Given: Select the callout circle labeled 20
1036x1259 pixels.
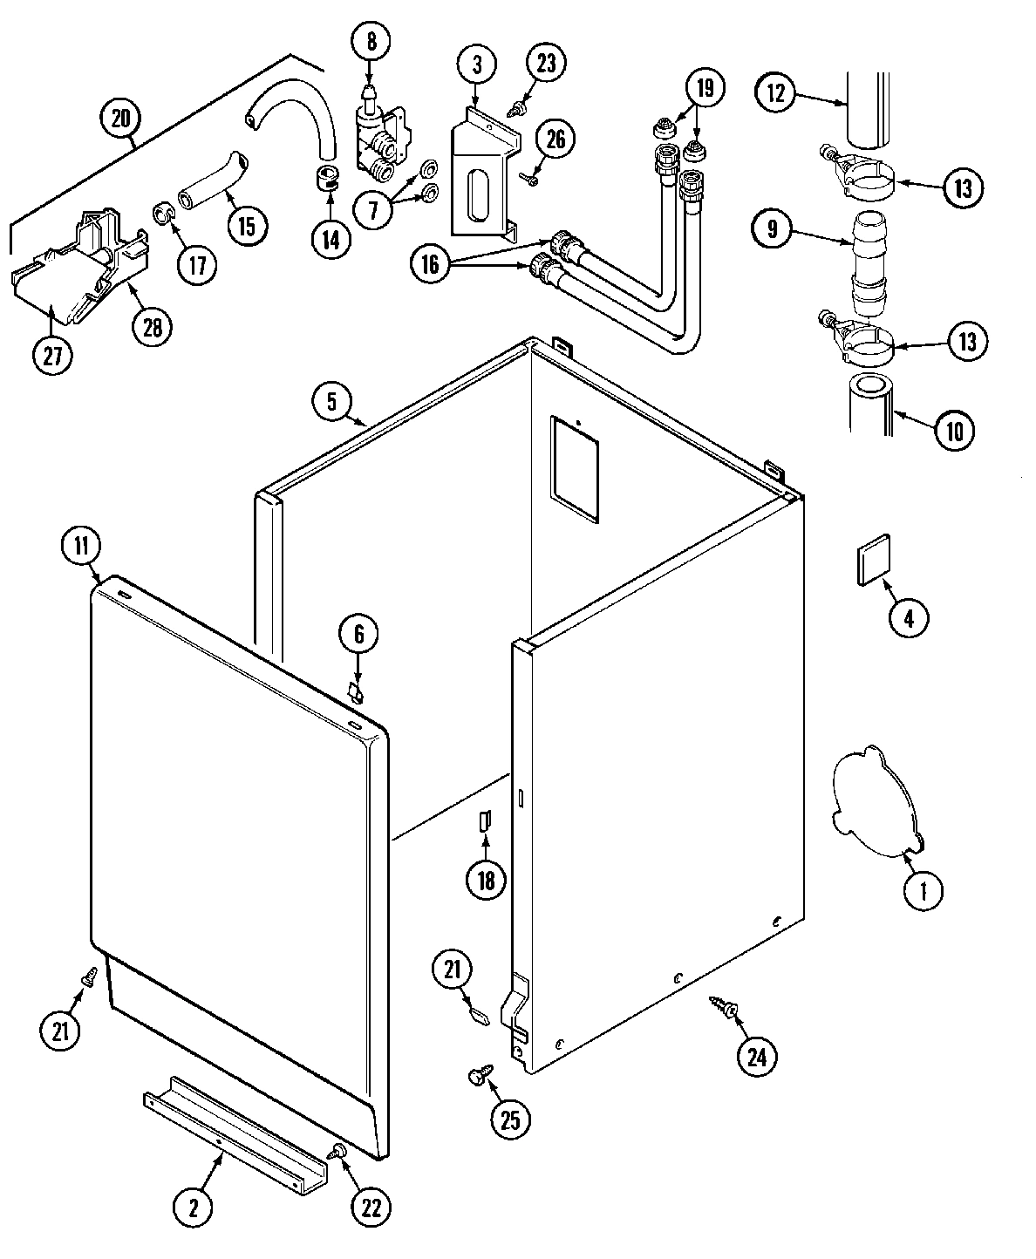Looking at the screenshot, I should (x=119, y=117).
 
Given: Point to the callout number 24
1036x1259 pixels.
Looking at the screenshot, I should (x=757, y=1057).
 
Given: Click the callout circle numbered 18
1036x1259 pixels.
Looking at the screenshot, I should (x=486, y=880).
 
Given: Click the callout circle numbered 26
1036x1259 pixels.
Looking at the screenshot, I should (x=556, y=139).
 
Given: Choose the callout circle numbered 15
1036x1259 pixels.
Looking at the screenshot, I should (x=247, y=225).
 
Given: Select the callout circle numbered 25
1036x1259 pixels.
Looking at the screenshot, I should (x=510, y=1119).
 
